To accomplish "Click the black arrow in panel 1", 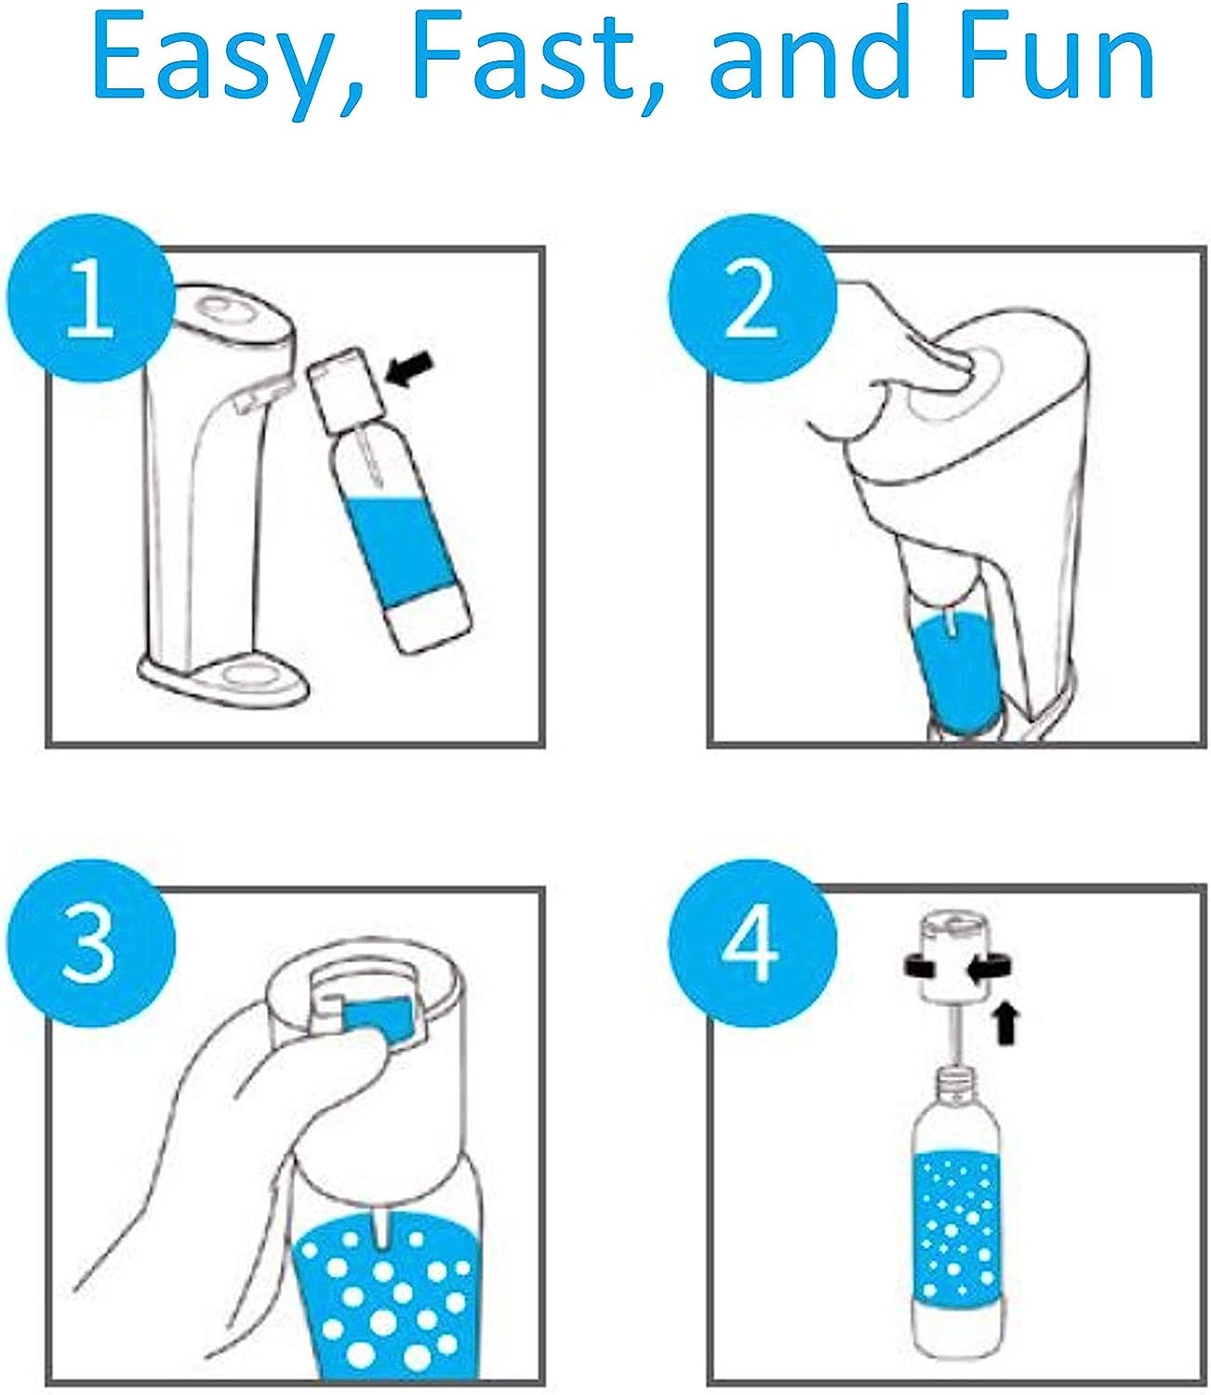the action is pyautogui.click(x=409, y=369).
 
